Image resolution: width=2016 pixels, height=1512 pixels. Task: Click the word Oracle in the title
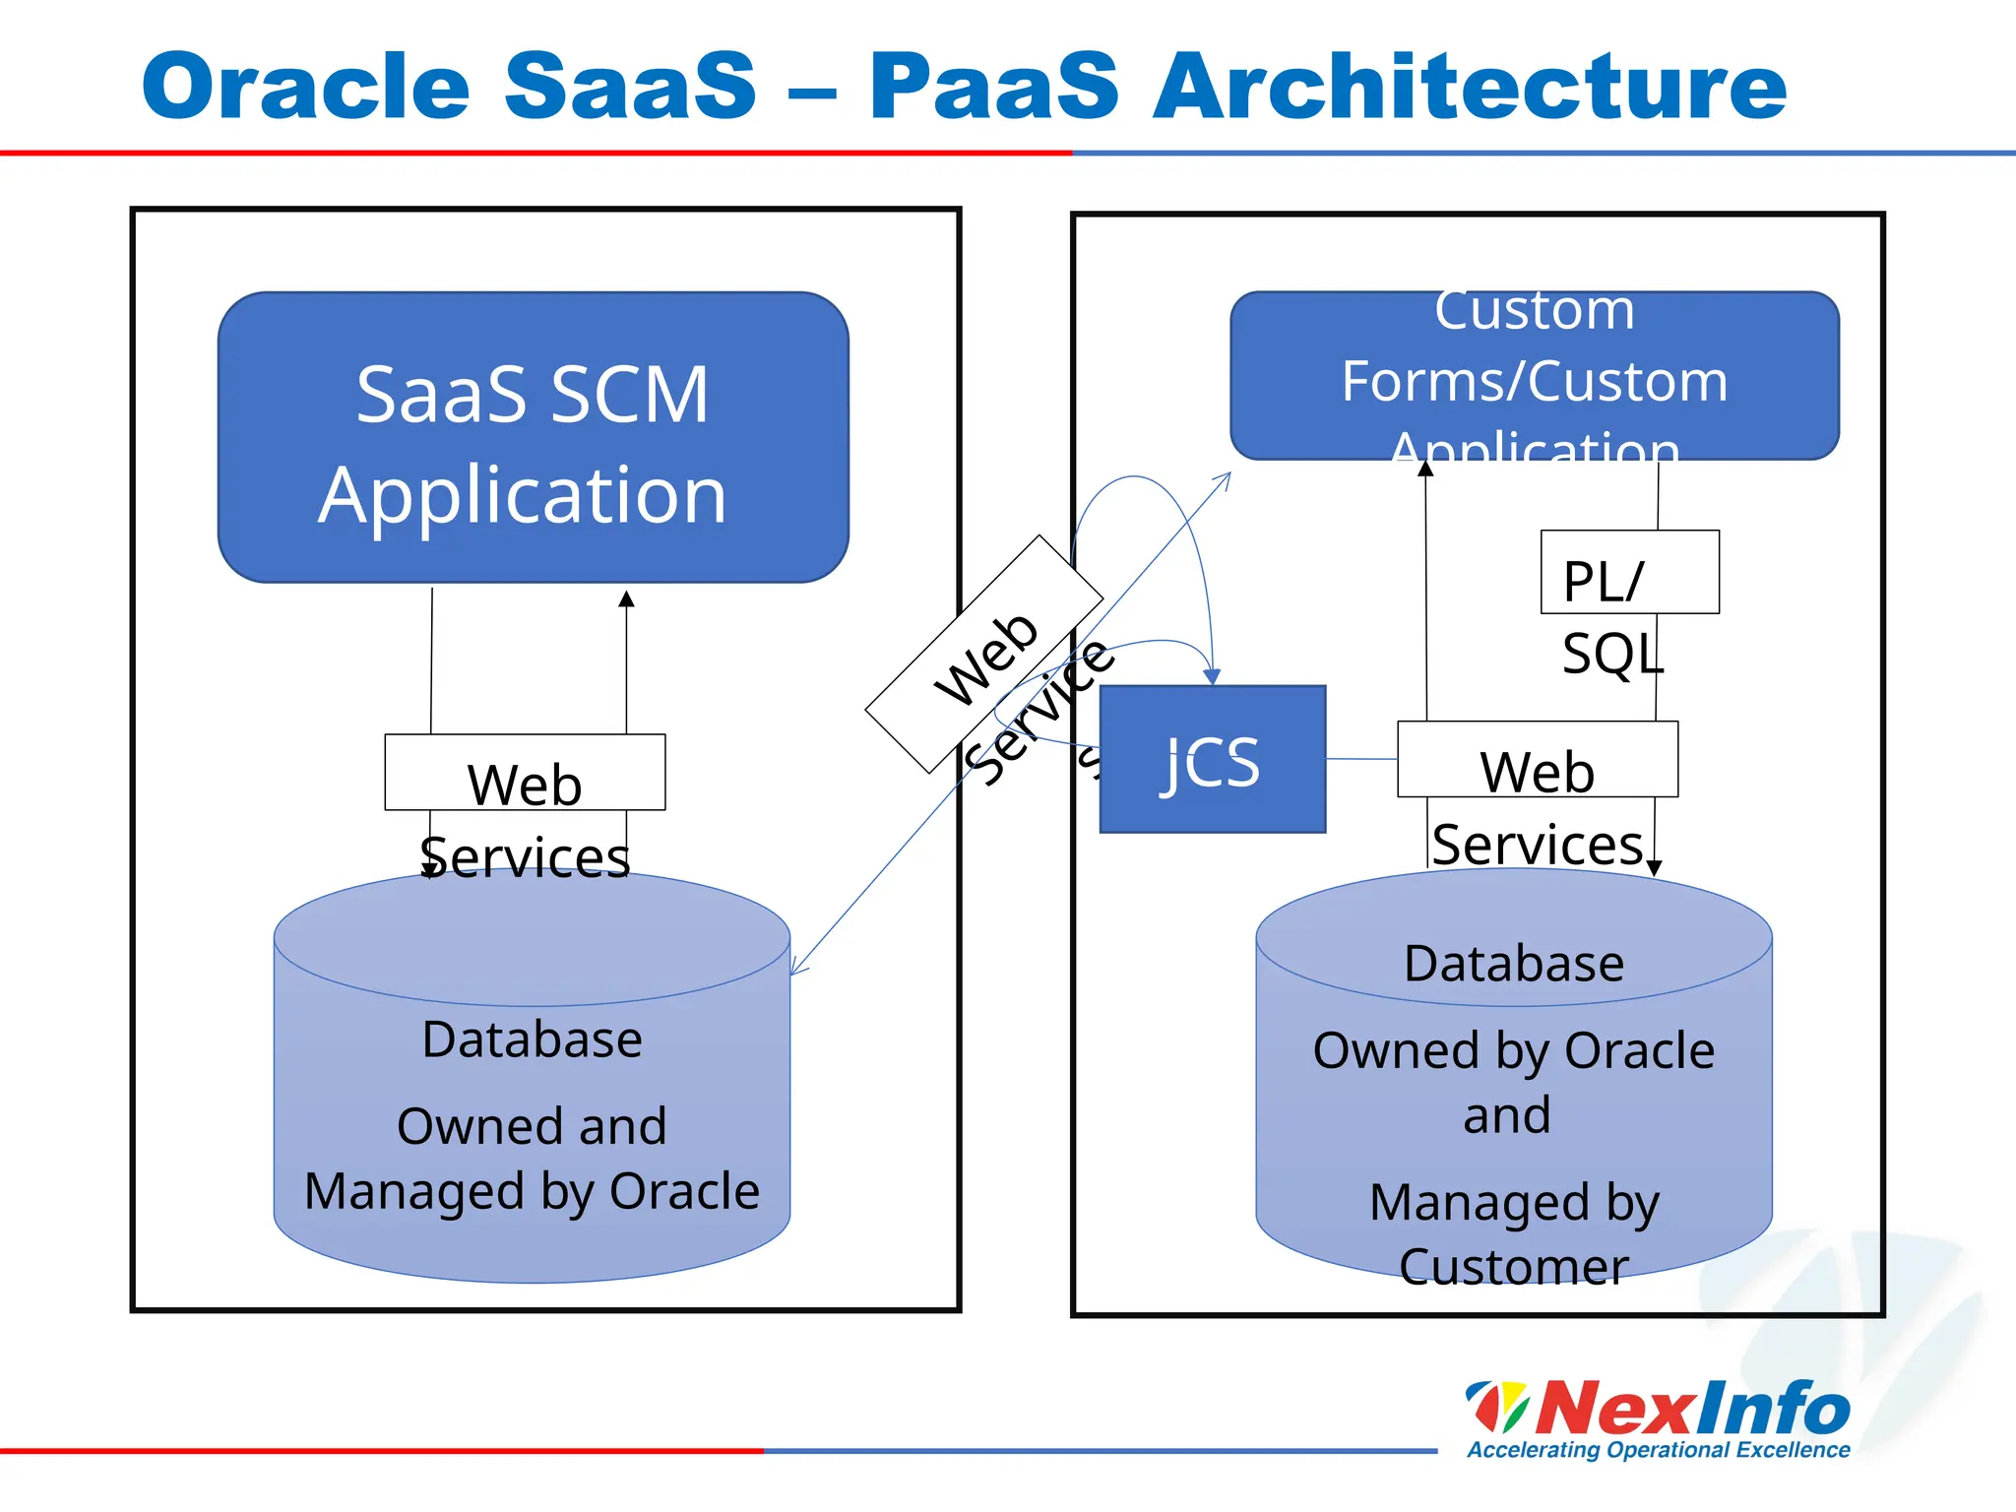[306, 87]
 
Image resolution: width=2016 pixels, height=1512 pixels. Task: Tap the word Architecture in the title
[1470, 87]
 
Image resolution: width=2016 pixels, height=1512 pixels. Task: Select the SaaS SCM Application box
[533, 437]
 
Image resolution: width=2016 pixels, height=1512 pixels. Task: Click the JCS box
[1212, 760]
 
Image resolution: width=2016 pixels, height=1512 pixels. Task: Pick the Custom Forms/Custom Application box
[1534, 376]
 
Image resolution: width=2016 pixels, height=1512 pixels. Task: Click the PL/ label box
[1629, 573]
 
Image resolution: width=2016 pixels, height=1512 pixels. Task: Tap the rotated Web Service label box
[983, 655]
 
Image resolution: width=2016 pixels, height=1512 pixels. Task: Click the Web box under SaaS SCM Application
[525, 773]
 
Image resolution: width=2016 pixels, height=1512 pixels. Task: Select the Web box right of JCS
[1537, 760]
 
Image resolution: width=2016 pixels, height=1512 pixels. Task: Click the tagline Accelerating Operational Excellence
[1658, 1450]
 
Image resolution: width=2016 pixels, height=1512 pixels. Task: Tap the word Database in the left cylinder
[533, 1039]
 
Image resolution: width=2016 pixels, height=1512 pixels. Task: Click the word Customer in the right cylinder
[1513, 1267]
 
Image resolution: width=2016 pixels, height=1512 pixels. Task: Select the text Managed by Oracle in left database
[533, 1191]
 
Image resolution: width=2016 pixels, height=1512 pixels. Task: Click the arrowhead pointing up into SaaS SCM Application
[626, 598]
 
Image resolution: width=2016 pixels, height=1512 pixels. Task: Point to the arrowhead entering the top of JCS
[1212, 676]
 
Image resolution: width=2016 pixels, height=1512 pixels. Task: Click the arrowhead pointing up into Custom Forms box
[1425, 469]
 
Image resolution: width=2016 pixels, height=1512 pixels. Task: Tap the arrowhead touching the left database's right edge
[797, 969]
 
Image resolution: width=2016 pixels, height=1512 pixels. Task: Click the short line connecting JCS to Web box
[1361, 759]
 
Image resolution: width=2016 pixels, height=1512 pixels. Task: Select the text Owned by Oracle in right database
[1513, 1050]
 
